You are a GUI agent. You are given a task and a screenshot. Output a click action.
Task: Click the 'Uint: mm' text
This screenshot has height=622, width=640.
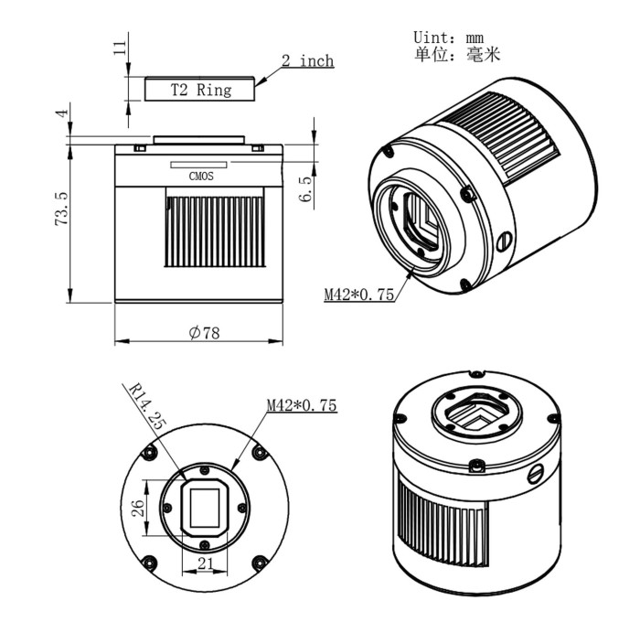pyautogui.click(x=448, y=38)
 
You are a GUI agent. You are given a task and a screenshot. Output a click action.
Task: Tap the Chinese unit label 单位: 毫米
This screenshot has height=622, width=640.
pyautogui.click(x=457, y=55)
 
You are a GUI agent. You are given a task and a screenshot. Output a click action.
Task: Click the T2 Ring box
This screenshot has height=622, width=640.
pyautogui.click(x=201, y=90)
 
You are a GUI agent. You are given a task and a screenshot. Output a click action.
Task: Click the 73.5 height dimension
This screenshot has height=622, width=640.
pyautogui.click(x=61, y=209)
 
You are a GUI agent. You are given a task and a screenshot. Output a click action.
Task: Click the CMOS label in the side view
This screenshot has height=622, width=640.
pyautogui.click(x=201, y=177)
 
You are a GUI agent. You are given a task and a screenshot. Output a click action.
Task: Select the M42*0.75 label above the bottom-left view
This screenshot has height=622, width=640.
pyautogui.click(x=301, y=404)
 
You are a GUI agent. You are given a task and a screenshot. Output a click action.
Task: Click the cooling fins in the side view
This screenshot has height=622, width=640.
pyautogui.click(x=216, y=229)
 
